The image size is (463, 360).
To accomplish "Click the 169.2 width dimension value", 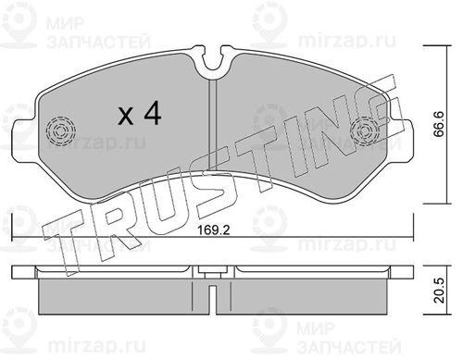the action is pos(214,230).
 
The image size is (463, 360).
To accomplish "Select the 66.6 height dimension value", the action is pos(438,123).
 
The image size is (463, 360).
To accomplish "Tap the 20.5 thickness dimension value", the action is pos(438,290).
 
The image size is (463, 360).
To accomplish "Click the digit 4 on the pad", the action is pos(153,113).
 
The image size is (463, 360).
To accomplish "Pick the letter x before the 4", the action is pos(126,117).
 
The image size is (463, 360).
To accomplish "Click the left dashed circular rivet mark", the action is pos(60,130).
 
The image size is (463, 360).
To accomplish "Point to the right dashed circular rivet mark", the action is pos(366,130).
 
